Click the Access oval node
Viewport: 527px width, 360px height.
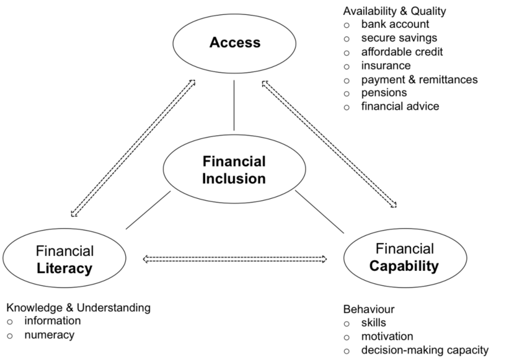tap(234, 43)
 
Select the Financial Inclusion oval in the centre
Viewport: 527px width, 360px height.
tap(234, 170)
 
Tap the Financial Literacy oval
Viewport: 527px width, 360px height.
tap(64, 259)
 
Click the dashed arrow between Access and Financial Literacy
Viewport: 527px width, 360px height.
tap(133, 148)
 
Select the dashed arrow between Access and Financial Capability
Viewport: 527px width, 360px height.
tap(329, 143)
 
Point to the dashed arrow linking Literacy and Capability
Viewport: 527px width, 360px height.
tap(235, 258)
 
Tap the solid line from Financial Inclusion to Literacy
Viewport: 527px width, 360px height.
tap(148, 210)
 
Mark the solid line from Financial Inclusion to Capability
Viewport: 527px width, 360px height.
tap(319, 211)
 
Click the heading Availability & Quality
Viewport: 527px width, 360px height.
tap(394, 11)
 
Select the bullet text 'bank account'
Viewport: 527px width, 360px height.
tap(395, 25)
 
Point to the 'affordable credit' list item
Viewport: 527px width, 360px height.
tap(402, 52)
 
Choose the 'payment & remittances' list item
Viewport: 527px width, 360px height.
tap(419, 79)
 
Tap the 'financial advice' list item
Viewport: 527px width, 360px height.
tap(400, 107)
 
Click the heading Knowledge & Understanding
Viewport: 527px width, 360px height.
tap(78, 307)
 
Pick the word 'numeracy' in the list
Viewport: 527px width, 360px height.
tap(49, 335)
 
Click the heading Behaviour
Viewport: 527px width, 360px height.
tap(368, 309)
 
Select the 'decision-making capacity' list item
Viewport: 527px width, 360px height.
tap(425, 351)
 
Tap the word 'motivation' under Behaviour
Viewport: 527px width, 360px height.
tap(387, 336)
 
